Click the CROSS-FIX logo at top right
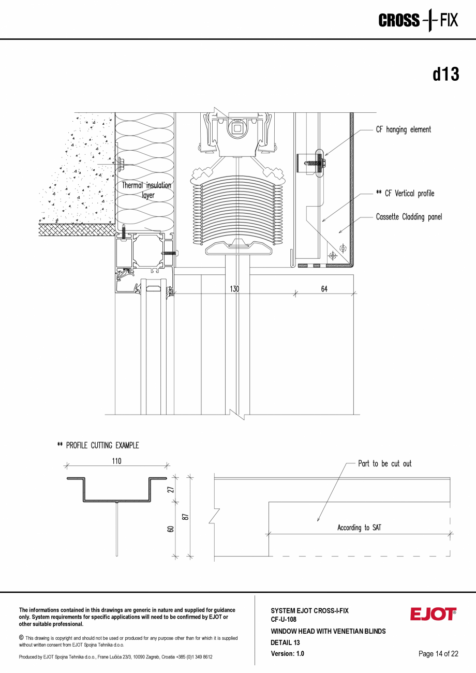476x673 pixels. coord(418,21)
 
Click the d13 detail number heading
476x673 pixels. coord(445,75)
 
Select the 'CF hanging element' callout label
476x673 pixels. coord(403,129)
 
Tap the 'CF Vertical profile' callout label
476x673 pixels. coord(405,193)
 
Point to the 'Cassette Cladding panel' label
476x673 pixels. coord(409,217)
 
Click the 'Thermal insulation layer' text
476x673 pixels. coord(146,190)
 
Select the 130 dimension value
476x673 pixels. coord(234,289)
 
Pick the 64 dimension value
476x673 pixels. coord(324,289)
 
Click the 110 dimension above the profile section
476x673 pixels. coord(116,461)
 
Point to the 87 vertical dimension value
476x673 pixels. coord(185,516)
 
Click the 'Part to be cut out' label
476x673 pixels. coord(384,463)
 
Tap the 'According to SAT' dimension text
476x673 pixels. coord(359,528)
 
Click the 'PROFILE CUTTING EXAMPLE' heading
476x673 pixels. coord(98,445)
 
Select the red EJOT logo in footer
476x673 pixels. coord(433,614)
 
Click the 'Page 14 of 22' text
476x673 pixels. coord(438,653)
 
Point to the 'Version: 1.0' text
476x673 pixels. coord(287,653)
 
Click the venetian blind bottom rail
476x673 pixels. coord(239,248)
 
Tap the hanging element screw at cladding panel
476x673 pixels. coord(313,163)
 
